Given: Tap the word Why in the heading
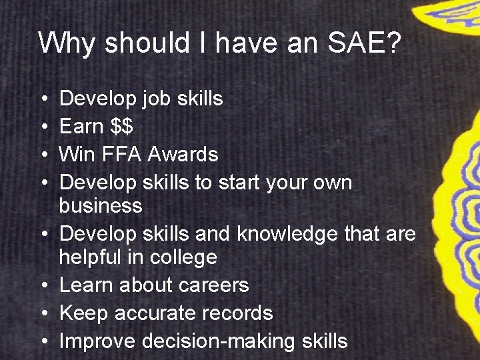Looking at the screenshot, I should (x=63, y=43).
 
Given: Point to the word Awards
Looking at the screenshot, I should (x=183, y=155).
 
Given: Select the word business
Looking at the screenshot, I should (x=101, y=206).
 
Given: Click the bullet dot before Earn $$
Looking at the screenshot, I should (x=43, y=127).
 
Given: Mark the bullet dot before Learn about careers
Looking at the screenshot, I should (x=43, y=286).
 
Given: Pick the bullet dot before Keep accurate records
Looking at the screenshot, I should (x=43, y=314).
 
